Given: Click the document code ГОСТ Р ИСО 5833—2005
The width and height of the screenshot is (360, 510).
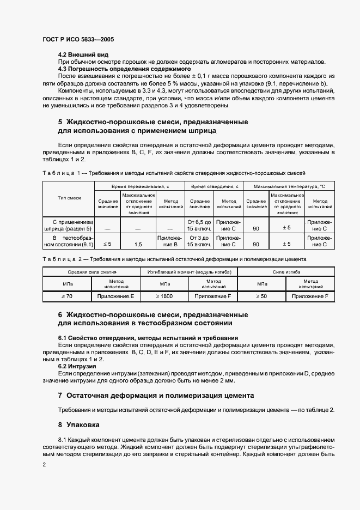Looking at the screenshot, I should [78, 40].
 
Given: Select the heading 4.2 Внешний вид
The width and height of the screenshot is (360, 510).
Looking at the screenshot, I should [83, 55].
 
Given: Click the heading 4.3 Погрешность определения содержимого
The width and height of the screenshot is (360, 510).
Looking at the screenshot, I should [124, 69].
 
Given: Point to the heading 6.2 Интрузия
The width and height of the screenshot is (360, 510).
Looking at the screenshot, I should [77, 366].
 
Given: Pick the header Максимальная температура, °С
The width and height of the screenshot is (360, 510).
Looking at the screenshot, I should [289, 186].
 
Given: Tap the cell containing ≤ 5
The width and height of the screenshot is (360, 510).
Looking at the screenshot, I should [107, 244].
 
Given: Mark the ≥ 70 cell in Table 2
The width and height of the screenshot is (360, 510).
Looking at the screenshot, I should [66, 296].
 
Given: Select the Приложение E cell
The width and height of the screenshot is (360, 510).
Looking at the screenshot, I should [115, 296].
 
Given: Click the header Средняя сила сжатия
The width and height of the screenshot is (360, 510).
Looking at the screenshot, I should [91, 271].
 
